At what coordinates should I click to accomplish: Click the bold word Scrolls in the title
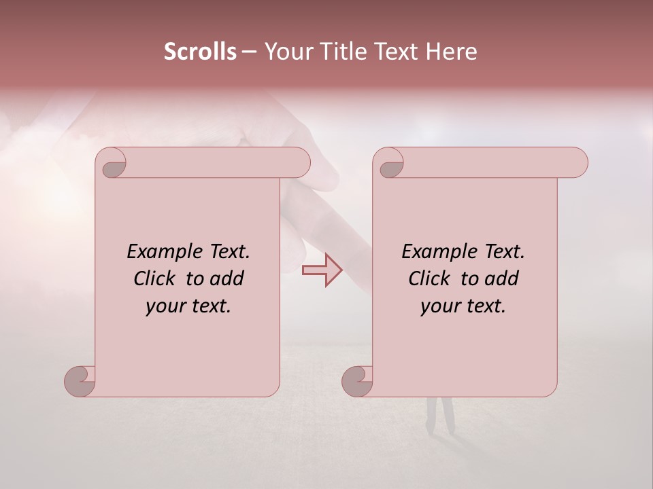coord(200,52)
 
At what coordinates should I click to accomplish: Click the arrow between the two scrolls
coord(322,270)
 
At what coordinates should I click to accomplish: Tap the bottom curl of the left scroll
coord(80,381)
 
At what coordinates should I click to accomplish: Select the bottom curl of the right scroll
coord(357,381)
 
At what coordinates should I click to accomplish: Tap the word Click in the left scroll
coord(155,278)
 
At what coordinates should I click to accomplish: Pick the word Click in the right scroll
coord(430,278)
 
